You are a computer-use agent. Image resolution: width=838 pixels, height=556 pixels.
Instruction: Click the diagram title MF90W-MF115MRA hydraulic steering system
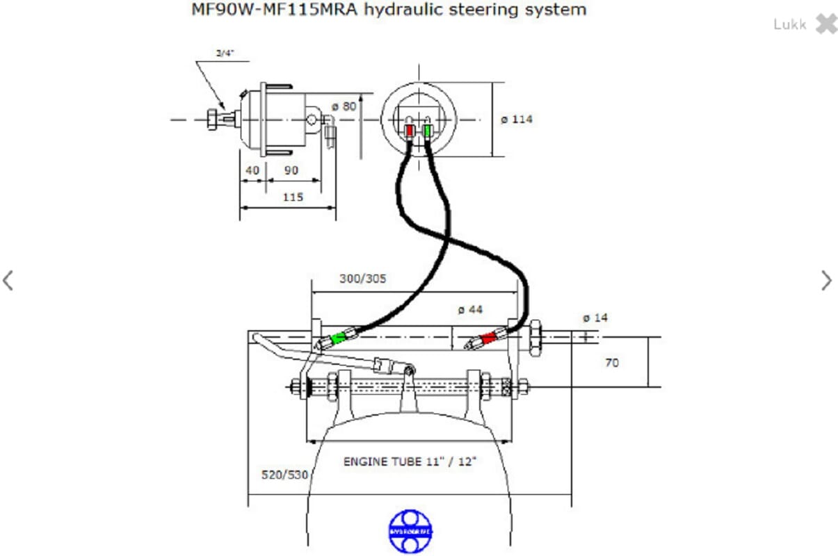389,10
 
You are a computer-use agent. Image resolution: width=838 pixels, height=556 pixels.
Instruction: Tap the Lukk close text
789,24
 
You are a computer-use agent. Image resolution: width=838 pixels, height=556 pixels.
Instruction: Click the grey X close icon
826,24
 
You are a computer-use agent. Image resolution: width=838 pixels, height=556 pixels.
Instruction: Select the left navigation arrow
8,280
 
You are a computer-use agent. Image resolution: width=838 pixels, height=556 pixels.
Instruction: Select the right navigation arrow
826,280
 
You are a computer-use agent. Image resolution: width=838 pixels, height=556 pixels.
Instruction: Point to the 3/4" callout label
225,53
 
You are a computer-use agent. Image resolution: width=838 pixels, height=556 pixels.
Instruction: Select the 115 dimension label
293,197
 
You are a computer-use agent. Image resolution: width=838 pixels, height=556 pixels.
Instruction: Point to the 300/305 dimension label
362,279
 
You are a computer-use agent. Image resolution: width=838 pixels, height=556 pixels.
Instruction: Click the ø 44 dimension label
470,309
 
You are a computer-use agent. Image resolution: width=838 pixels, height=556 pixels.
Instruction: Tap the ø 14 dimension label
595,318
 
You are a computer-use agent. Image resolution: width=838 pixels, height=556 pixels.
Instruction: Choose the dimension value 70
611,362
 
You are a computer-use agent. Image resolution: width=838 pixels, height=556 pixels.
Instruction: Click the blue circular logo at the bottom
410,532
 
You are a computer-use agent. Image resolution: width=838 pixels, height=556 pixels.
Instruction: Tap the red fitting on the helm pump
410,130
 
